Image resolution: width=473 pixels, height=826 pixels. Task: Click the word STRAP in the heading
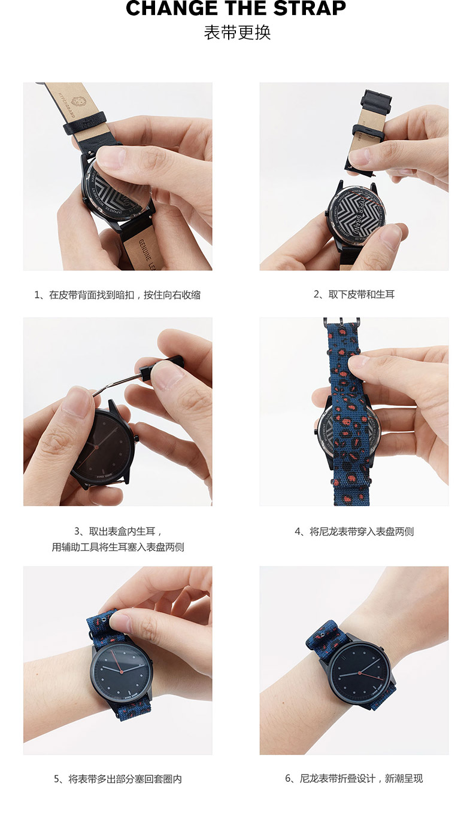point(310,8)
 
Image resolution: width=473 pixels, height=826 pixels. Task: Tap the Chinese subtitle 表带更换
point(237,32)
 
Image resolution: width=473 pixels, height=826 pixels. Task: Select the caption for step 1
point(117,294)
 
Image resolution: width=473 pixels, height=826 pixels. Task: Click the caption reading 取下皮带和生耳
point(354,294)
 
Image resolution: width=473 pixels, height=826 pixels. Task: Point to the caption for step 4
point(354,531)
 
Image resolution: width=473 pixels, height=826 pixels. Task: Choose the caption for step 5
point(117,779)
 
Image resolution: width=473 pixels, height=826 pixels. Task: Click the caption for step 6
point(354,779)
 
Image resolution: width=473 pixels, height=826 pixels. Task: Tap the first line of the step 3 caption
point(117,531)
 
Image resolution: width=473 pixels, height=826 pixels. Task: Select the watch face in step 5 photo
point(122,672)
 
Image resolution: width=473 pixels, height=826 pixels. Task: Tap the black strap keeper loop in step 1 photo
point(84,122)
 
